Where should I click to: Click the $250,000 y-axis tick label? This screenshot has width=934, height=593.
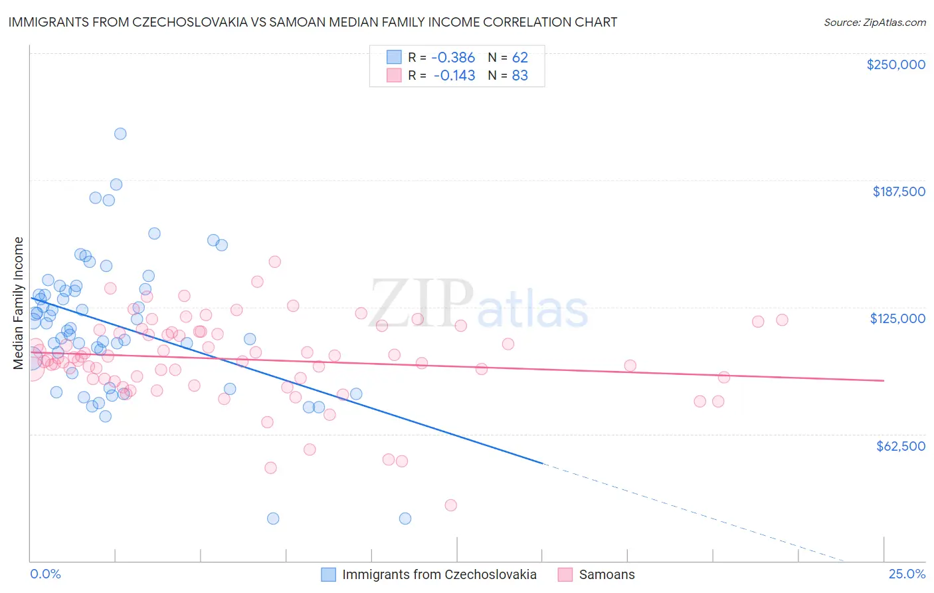(x=895, y=64)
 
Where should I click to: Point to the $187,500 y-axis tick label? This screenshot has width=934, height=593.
(x=898, y=191)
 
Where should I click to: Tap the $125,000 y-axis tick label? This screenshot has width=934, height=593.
(x=897, y=318)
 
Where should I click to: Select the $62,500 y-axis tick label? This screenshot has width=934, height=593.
(x=900, y=446)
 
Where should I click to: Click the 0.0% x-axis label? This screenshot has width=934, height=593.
(x=45, y=574)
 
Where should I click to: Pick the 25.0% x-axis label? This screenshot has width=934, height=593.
(x=907, y=574)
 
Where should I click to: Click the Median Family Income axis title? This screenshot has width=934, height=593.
(x=18, y=303)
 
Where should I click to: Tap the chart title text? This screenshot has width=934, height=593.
(x=313, y=22)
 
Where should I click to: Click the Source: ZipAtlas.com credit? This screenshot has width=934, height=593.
(x=874, y=22)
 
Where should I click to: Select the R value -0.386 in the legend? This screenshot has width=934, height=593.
(x=453, y=57)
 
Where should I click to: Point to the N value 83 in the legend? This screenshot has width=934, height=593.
(x=519, y=76)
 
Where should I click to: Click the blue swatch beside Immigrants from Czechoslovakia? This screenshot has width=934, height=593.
(x=328, y=574)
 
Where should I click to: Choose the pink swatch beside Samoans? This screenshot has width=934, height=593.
(x=565, y=574)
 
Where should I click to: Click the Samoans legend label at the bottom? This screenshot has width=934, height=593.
(x=607, y=574)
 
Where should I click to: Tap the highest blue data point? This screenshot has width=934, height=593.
(x=120, y=134)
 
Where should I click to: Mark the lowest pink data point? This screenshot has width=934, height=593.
(x=450, y=505)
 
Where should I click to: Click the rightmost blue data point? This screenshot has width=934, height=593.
(x=405, y=519)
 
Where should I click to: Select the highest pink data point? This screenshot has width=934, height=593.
(x=274, y=262)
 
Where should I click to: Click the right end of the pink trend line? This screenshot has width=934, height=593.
(x=884, y=380)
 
